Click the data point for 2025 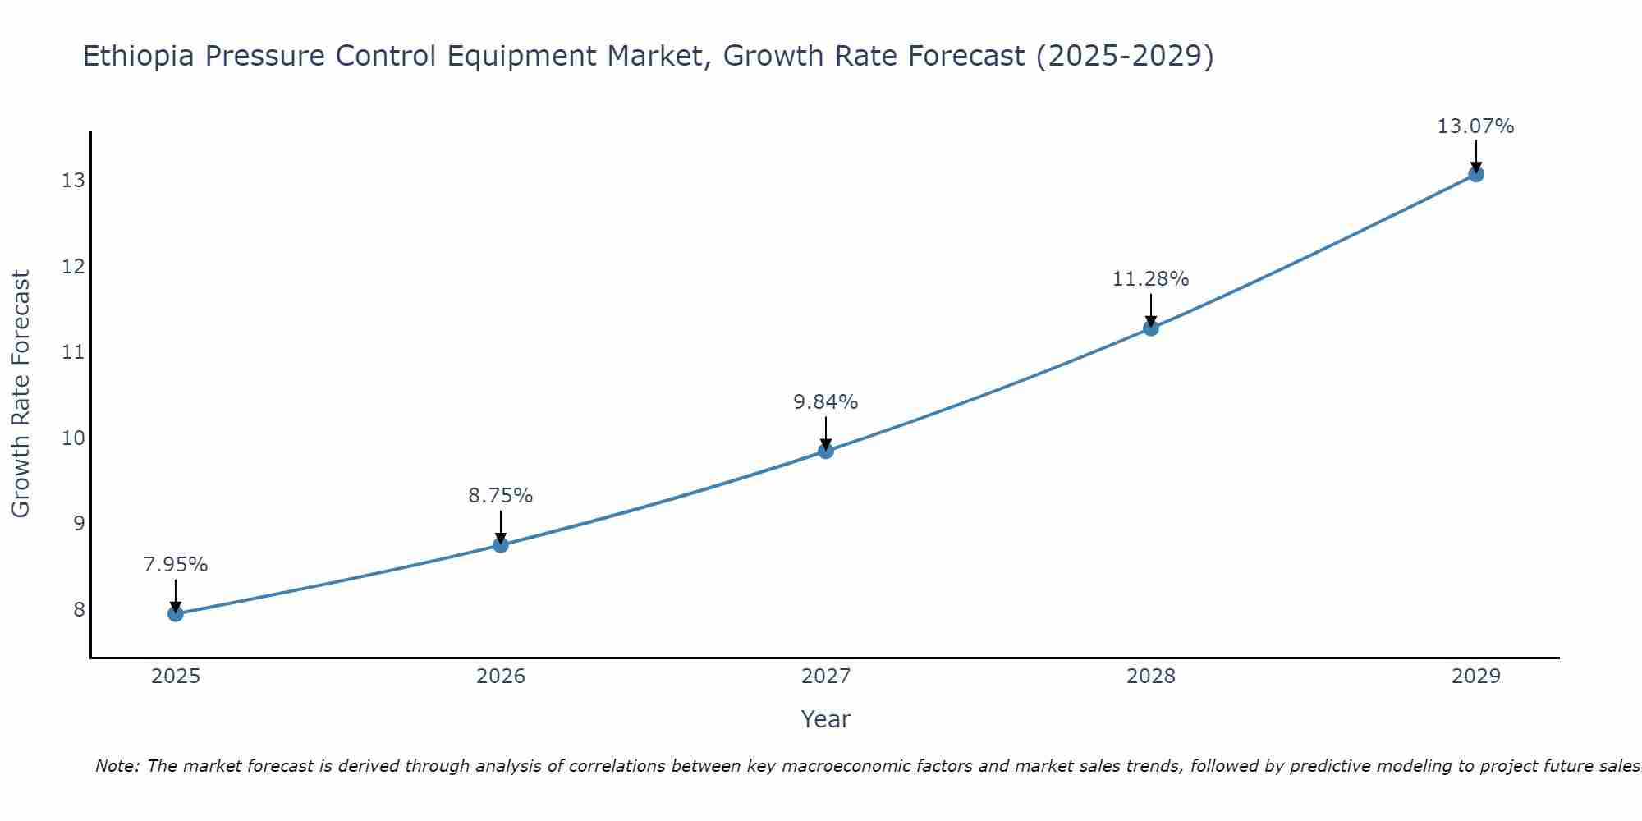(x=176, y=613)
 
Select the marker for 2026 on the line (x=501, y=544)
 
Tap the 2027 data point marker (x=826, y=451)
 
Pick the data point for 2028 (x=1151, y=328)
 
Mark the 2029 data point (x=1475, y=174)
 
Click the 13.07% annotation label (x=1475, y=126)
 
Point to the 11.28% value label (x=1150, y=279)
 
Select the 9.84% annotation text (x=825, y=402)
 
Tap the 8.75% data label (x=500, y=496)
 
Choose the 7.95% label (x=175, y=565)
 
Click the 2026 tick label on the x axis (x=501, y=677)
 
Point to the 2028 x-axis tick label (x=1151, y=677)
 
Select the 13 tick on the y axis (x=73, y=181)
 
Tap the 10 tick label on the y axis (x=73, y=438)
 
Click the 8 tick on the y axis (x=79, y=609)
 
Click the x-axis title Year (x=825, y=719)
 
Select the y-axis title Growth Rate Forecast (x=21, y=394)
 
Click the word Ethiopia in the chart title (x=139, y=57)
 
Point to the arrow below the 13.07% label (x=1475, y=156)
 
